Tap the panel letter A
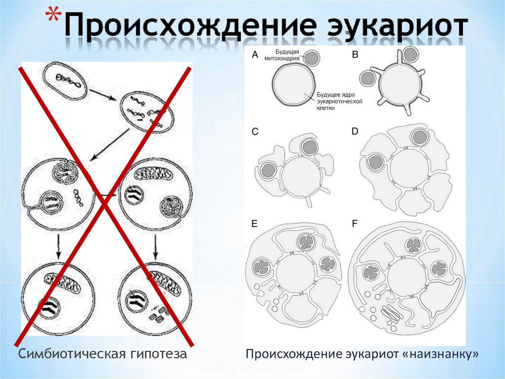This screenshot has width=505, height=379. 255,55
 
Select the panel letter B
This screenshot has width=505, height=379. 355,55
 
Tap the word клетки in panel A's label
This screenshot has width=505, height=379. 326,108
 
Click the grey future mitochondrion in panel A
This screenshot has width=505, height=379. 311,58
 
